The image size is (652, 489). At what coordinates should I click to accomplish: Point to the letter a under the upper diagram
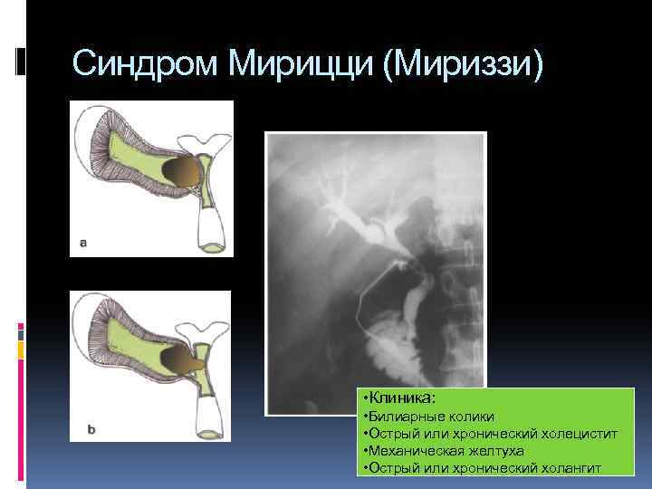pyautogui.click(x=83, y=243)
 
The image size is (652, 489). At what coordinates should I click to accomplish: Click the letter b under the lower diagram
pyautogui.click(x=91, y=429)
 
